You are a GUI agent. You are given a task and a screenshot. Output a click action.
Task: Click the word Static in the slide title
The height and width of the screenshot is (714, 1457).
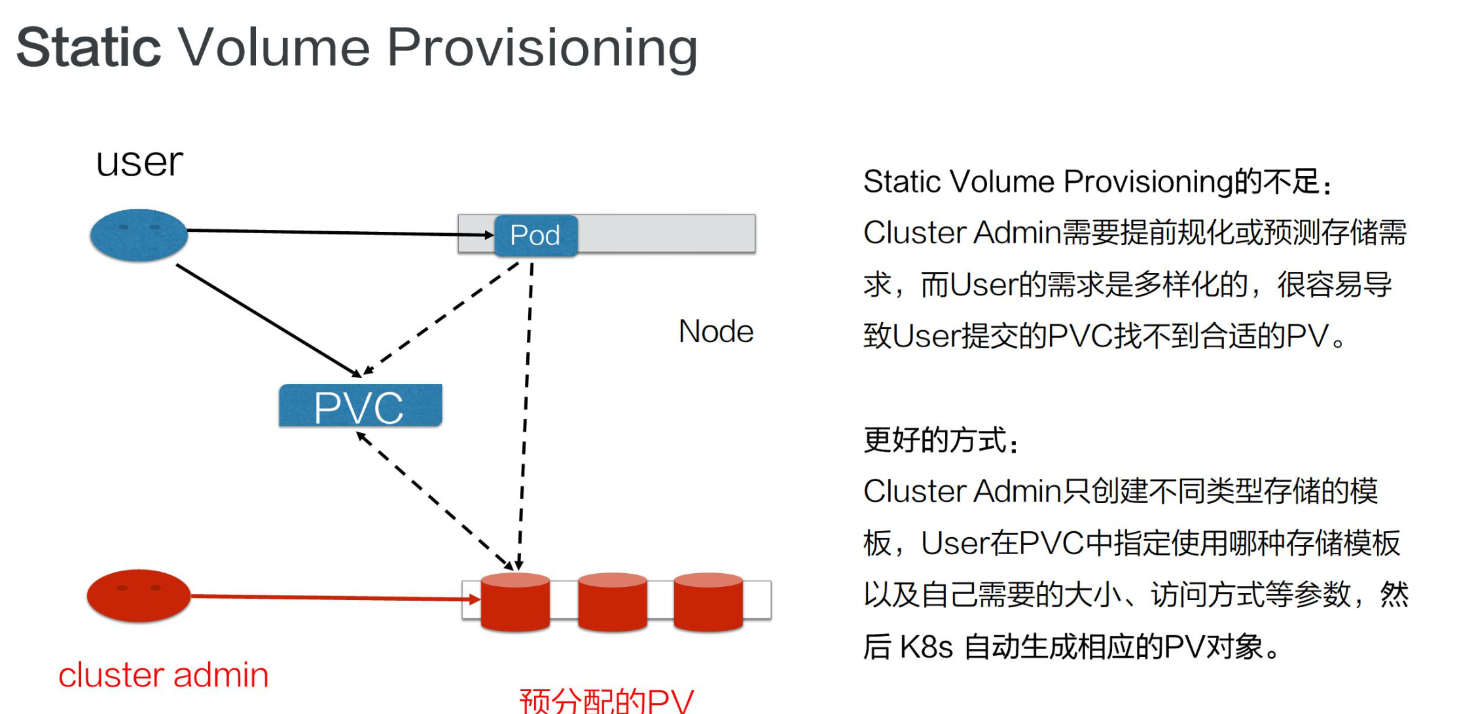pos(88,47)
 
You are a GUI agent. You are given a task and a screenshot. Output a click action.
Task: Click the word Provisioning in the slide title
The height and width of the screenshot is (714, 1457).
pos(542,48)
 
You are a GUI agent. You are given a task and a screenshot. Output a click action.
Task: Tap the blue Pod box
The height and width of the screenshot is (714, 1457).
pos(535,235)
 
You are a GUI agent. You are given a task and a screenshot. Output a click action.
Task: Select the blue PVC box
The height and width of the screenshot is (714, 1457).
pos(360,406)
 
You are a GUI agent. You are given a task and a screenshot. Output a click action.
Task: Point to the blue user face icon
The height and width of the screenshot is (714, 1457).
pos(139,235)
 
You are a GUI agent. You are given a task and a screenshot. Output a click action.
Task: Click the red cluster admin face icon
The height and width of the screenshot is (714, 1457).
pos(139,595)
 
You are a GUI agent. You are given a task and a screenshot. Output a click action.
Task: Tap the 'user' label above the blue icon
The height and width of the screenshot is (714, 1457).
pos(139,162)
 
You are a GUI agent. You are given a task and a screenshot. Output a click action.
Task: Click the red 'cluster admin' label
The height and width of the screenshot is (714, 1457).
pos(164,675)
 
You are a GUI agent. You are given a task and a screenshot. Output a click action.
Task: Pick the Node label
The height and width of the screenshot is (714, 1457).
pos(716,331)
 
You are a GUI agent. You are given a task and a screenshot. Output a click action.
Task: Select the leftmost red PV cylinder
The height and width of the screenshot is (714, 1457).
pos(515,601)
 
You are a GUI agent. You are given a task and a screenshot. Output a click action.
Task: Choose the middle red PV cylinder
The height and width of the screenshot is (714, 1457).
pos(613,601)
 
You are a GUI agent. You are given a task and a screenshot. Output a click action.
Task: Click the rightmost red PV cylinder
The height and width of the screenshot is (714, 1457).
pos(708,601)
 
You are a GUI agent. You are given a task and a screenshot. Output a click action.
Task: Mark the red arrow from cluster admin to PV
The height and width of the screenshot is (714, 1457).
pos(327,597)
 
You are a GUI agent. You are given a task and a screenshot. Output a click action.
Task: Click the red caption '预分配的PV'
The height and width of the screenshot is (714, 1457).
pos(606,701)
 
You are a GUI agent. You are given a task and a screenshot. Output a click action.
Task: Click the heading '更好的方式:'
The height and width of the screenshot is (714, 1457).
pos(941,440)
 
